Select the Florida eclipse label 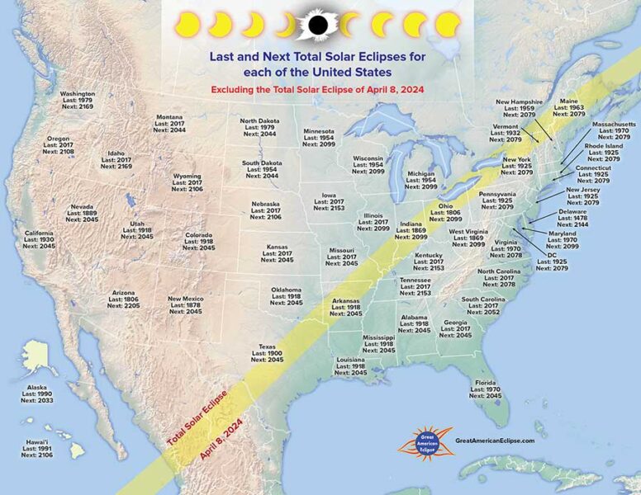[x=486, y=389]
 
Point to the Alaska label [x=37, y=394]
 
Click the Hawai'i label [x=35, y=448]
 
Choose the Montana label [x=170, y=124]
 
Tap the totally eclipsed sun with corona [x=317, y=25]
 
